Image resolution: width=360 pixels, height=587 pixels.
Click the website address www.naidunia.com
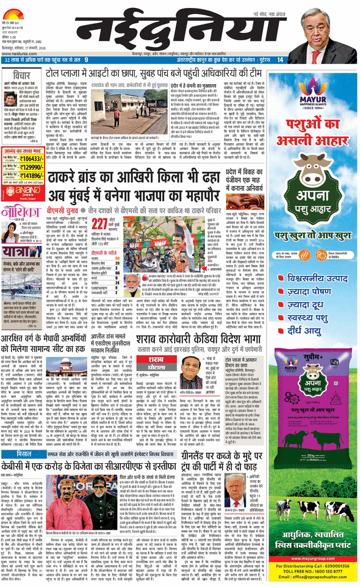tap(23, 53)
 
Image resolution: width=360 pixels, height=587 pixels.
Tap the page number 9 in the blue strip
tap(87, 60)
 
